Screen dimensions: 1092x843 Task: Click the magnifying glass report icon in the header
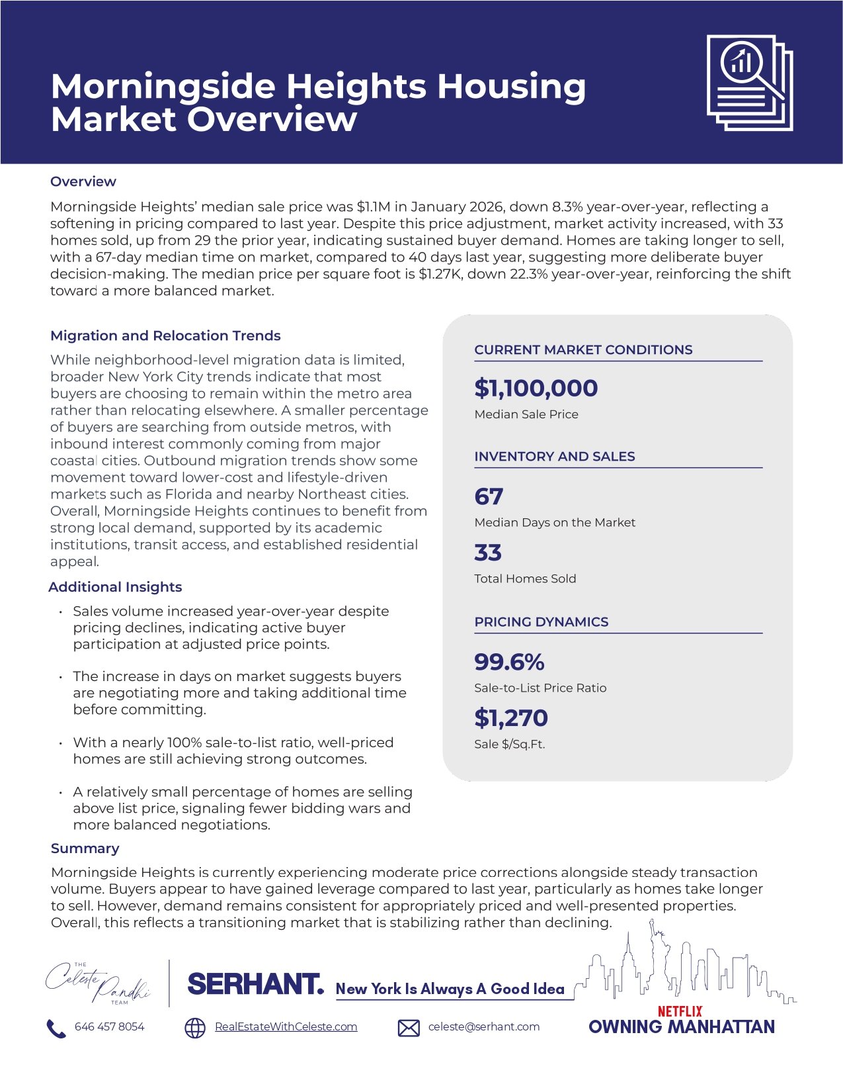749,83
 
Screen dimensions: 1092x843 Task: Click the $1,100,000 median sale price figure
536,388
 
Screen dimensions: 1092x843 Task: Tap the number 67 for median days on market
489,496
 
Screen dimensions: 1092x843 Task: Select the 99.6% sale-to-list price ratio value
509,662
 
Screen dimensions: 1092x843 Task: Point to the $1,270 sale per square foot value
511,717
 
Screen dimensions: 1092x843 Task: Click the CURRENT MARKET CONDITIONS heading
583,349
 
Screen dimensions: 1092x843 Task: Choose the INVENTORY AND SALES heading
554,456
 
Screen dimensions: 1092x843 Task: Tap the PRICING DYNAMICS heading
541,621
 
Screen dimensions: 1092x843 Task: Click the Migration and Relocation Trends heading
165,336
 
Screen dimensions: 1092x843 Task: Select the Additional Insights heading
115,587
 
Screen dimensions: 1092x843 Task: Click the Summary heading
85,848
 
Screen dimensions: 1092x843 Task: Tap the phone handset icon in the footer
56,1028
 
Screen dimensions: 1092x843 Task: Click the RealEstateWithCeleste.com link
286,1026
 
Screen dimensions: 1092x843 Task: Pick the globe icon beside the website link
194,1028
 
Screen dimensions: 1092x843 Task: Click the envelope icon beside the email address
409,1028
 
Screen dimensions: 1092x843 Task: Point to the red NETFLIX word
680,1011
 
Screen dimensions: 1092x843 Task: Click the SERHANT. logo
256,984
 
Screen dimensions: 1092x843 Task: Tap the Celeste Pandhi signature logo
98,983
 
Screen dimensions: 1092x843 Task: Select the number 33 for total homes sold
488,553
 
